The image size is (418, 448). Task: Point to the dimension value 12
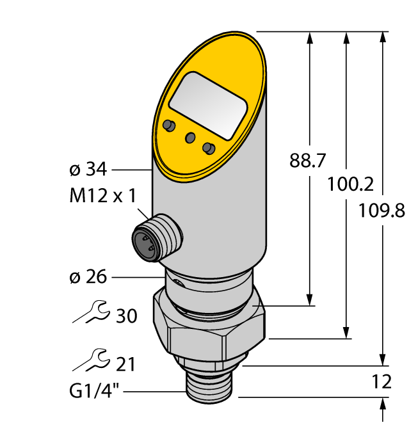382,382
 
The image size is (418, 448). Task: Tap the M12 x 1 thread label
102,196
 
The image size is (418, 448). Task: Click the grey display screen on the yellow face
208,106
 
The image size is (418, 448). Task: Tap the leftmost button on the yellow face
169,125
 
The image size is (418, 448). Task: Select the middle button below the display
189,137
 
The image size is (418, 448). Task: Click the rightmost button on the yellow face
208,148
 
